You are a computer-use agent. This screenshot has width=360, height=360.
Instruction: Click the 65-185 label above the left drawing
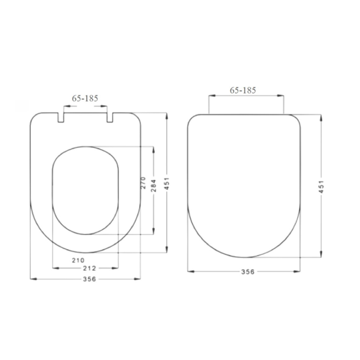click(85, 98)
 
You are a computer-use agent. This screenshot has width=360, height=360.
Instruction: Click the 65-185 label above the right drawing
click(243, 90)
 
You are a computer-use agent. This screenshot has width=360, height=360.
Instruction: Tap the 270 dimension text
click(143, 183)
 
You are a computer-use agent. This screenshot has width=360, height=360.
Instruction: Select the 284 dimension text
click(154, 186)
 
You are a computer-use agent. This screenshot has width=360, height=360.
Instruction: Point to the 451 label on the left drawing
click(167, 183)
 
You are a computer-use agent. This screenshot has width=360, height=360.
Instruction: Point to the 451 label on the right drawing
click(321, 187)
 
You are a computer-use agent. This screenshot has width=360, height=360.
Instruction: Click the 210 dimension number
click(78, 260)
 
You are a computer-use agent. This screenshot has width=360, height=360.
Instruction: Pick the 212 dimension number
click(90, 268)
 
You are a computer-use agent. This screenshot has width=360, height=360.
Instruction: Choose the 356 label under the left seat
click(89, 279)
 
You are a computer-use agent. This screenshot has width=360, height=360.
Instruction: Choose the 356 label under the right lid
click(248, 271)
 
